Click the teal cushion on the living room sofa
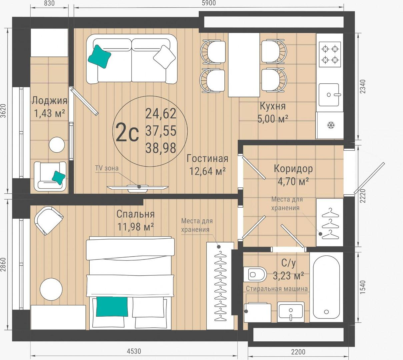99,57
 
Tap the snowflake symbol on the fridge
331,125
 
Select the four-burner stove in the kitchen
330,54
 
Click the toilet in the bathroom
255,275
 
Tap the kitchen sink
329,95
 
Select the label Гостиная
207,159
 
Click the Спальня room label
135,214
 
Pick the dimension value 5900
209,3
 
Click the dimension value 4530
134,351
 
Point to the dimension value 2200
298,352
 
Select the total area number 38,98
161,148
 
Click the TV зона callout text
107,168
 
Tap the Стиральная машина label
277,289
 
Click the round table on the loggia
57,145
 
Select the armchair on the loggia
50,176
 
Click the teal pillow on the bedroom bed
112,306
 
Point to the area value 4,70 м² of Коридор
293,182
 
